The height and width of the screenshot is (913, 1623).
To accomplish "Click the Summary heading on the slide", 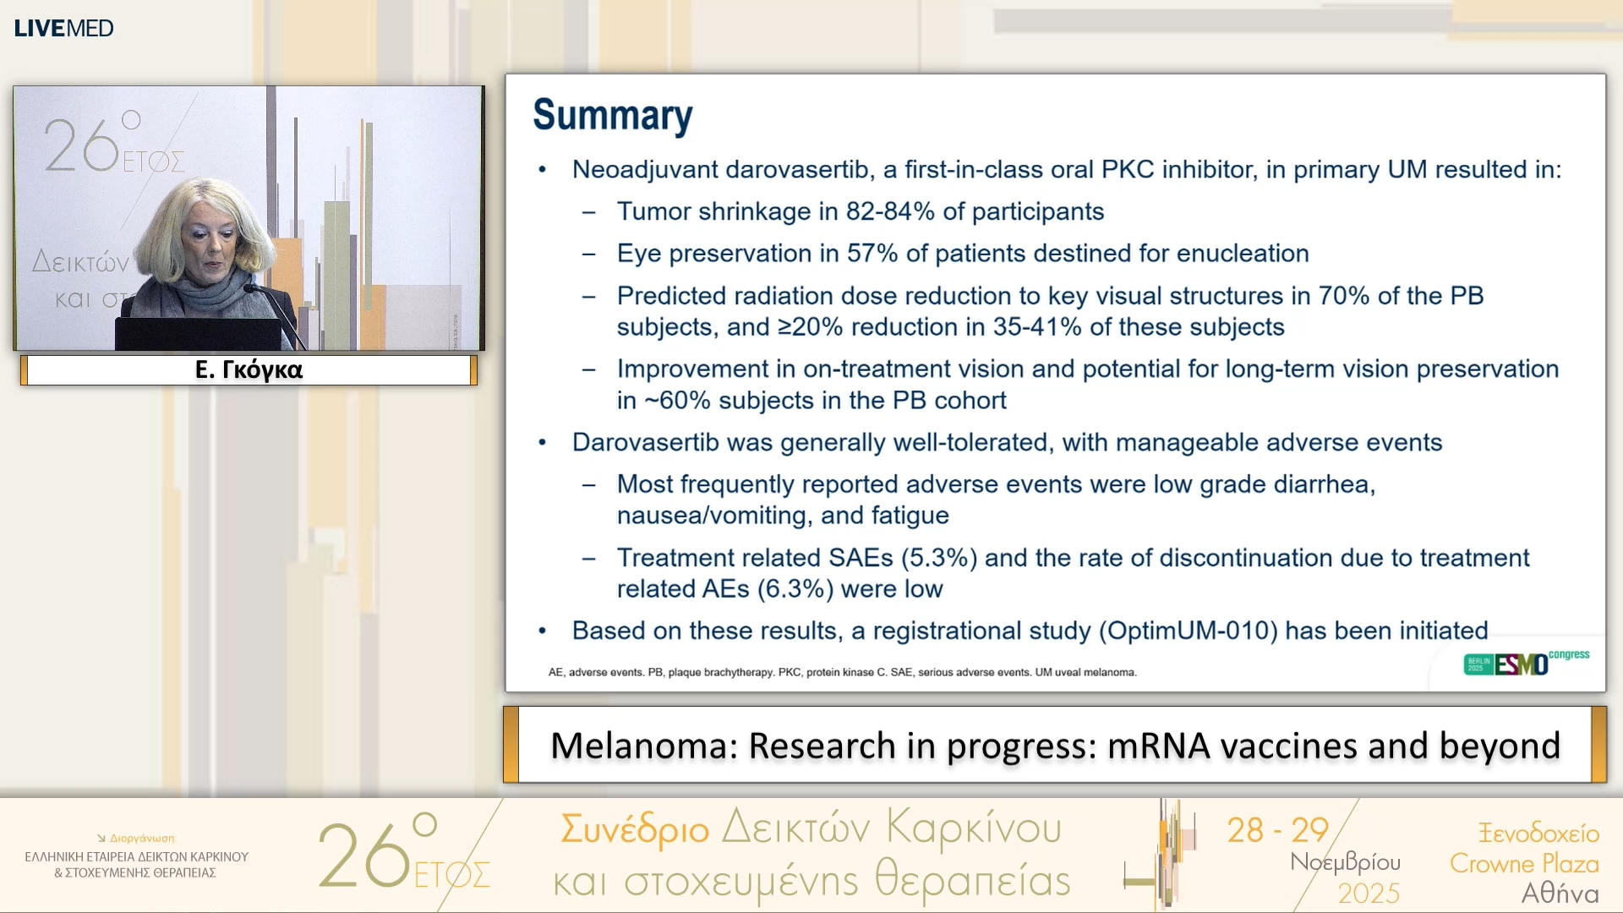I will (612, 115).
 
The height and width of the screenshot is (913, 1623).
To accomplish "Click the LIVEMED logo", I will (63, 28).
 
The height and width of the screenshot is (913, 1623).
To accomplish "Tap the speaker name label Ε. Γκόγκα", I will (249, 369).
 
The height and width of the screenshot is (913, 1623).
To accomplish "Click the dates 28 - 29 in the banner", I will (1277, 830).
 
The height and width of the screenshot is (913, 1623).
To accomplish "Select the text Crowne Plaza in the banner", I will (1523, 863).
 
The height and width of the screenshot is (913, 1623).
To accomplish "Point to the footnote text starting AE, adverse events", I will (842, 672).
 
